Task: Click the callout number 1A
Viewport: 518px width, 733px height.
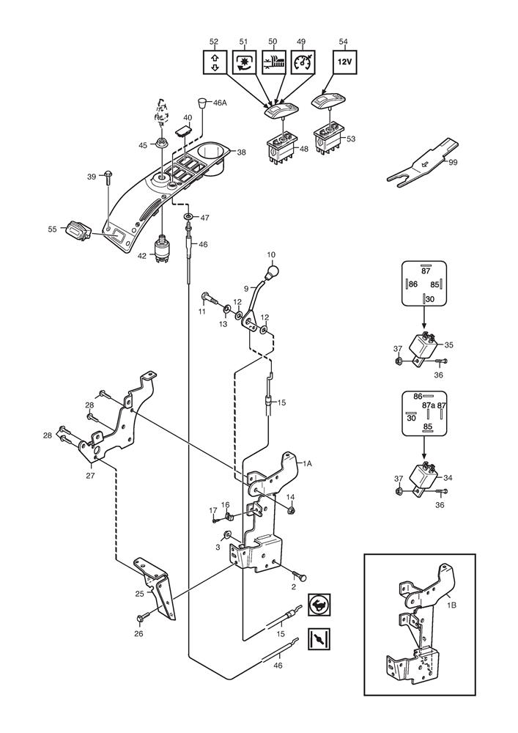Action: pos(308,463)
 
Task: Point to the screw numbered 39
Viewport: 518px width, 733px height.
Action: pos(108,177)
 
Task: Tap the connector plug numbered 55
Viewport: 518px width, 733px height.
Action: pos(76,230)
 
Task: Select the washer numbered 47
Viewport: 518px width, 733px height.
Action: pos(189,218)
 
